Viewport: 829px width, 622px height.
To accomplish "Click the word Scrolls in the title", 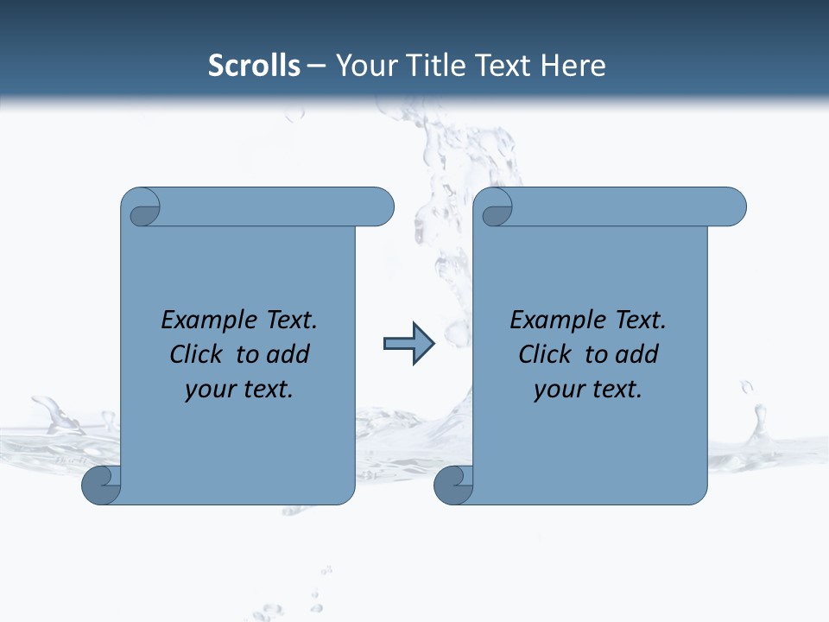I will pos(254,66).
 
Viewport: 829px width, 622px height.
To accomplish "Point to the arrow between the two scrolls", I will pos(408,344).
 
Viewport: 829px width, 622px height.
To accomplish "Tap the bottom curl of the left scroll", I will pos(100,485).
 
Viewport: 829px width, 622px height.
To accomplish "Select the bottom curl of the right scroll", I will pos(452,485).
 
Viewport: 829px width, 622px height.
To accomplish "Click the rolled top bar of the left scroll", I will pos(268,207).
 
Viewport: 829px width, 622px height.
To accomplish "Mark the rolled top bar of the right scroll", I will pos(622,207).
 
